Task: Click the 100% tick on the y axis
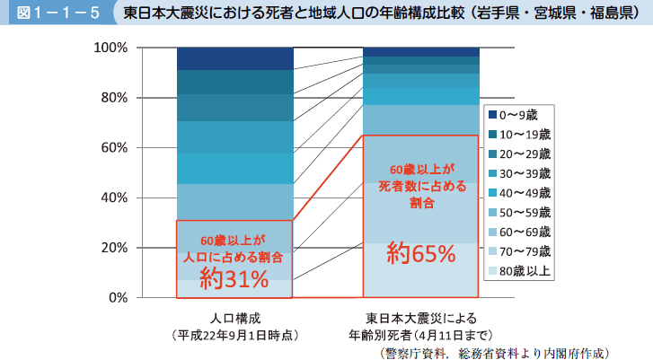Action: tap(112, 47)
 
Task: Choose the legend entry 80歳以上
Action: tap(524, 269)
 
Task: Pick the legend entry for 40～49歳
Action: tap(524, 191)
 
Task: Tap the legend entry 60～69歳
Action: tap(524, 231)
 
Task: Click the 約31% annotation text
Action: tap(234, 279)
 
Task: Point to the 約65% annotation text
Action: tap(421, 253)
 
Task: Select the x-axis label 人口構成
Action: tap(235, 318)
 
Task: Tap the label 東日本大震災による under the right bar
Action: tap(421, 318)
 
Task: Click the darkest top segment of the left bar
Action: tap(234, 58)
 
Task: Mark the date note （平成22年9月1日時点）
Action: tap(235, 334)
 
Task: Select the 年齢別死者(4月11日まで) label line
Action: tap(421, 334)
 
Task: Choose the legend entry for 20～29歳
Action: tap(524, 153)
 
